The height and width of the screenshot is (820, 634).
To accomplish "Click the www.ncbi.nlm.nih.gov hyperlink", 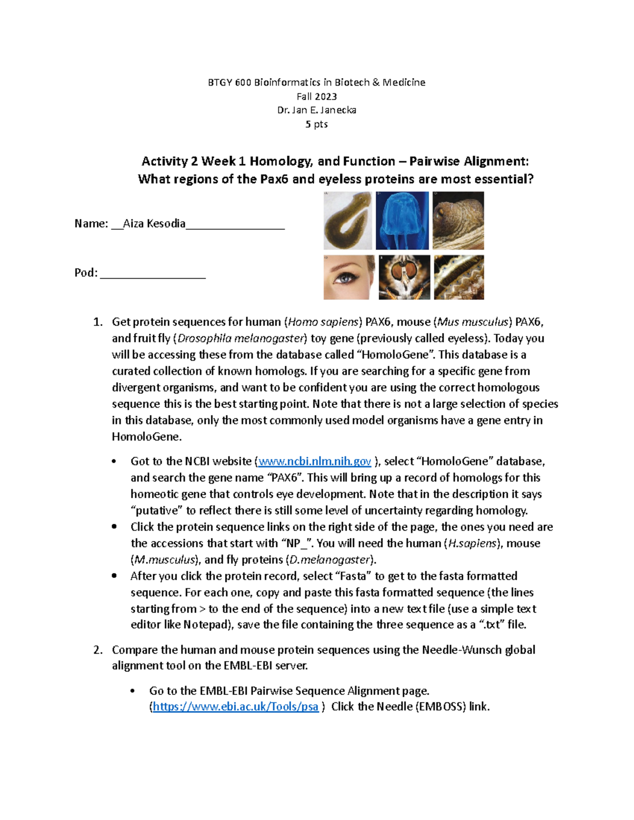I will [x=314, y=461].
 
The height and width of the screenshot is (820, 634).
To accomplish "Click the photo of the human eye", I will [x=349, y=277].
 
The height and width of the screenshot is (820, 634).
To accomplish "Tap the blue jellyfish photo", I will [x=402, y=221].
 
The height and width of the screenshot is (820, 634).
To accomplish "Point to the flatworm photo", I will [x=348, y=221].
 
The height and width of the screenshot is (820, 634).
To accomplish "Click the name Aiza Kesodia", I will [x=154, y=224].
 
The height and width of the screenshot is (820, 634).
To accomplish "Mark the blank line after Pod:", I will [x=153, y=273].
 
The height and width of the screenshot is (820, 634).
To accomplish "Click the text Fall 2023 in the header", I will [x=316, y=97].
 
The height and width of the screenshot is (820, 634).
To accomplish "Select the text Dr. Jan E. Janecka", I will [x=316, y=110].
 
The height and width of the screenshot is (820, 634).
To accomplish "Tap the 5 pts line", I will [x=316, y=125].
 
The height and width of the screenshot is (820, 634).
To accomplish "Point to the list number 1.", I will [x=97, y=322].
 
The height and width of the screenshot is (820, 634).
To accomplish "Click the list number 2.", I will [x=97, y=650].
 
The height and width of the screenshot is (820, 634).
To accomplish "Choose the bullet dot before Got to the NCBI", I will [x=114, y=461].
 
